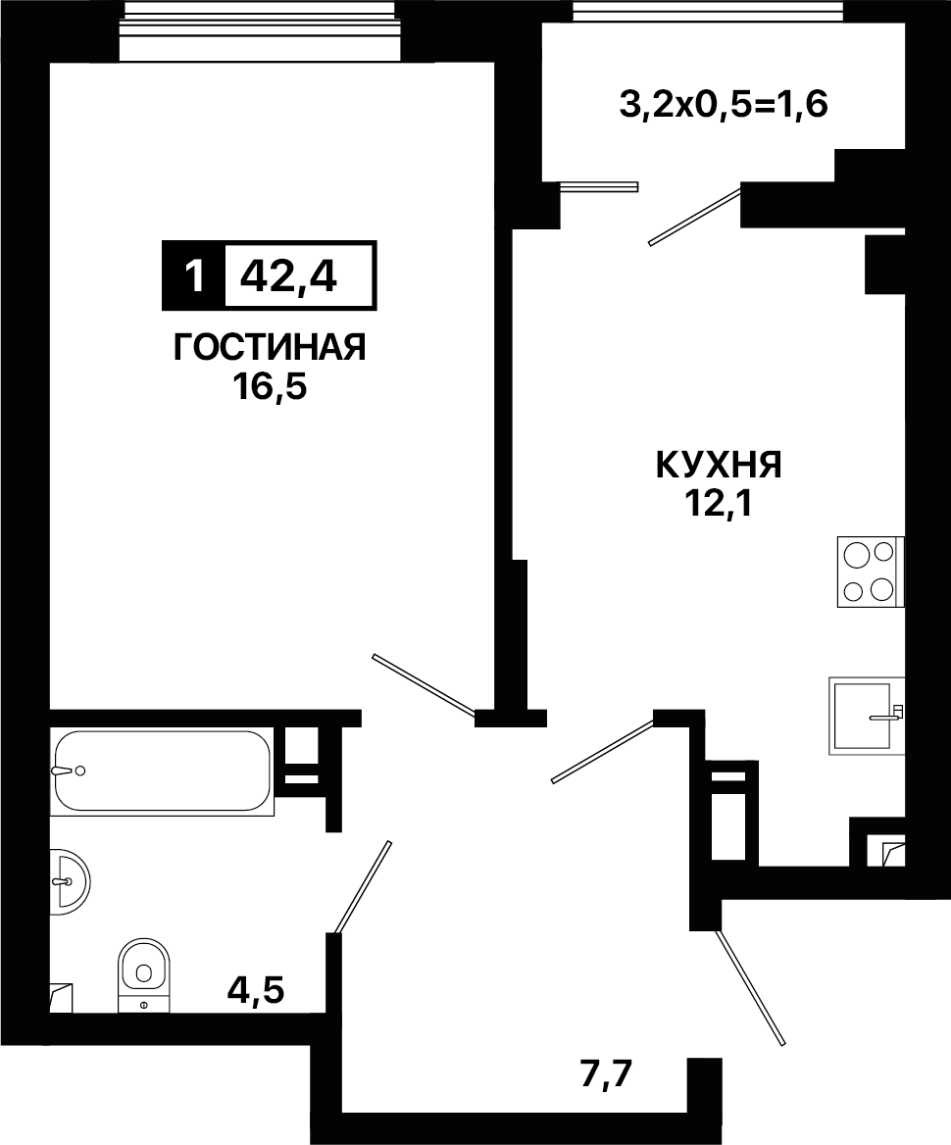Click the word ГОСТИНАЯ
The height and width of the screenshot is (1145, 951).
pyautogui.click(x=269, y=348)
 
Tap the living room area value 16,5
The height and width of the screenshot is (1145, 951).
pyautogui.click(x=270, y=386)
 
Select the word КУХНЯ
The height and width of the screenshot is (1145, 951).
pyautogui.click(x=720, y=465)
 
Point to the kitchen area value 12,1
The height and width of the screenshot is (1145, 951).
pyautogui.click(x=720, y=502)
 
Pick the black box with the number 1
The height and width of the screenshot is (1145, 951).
pyautogui.click(x=193, y=275)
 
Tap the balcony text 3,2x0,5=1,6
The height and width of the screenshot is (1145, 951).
pyautogui.click(x=724, y=106)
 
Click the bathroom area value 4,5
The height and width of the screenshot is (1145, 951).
pyautogui.click(x=256, y=989)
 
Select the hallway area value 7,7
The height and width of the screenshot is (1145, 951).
pyautogui.click(x=606, y=1074)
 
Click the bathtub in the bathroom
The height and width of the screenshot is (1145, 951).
pyautogui.click(x=162, y=772)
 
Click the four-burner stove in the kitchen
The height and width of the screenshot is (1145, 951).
pyautogui.click(x=871, y=572)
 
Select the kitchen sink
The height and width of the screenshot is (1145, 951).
pyautogui.click(x=867, y=716)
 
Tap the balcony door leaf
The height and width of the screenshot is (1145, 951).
pyautogui.click(x=695, y=216)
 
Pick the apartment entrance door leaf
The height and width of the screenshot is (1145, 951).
pyautogui.click(x=750, y=988)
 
